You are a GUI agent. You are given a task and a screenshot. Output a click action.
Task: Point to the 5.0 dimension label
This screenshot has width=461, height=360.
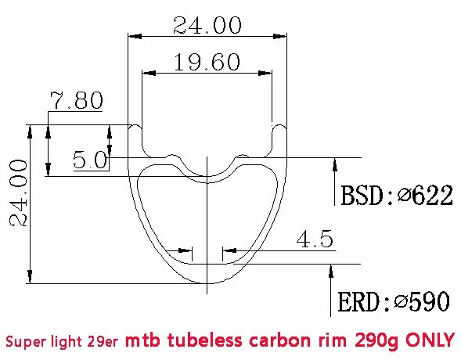point(90,160)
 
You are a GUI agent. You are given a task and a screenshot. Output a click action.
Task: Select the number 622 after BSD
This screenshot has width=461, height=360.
point(434,195)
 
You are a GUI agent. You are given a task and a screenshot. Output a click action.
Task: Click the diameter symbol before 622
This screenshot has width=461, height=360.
point(405,195)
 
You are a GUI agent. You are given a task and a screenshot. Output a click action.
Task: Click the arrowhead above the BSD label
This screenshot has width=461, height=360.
point(335,164)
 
